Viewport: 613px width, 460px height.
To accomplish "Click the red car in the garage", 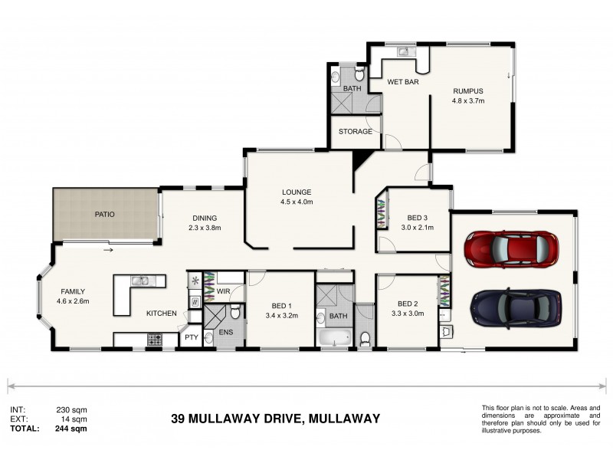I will pyautogui.click(x=510, y=248).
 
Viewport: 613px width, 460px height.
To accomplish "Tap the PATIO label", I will pyautogui.click(x=104, y=215).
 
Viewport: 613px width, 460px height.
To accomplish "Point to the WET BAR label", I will pyautogui.click(x=402, y=81).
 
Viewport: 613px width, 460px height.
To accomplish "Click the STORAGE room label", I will pyautogui.click(x=356, y=132).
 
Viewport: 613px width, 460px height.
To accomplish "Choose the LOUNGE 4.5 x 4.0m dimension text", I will pyautogui.click(x=297, y=202).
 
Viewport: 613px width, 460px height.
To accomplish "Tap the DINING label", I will pyautogui.click(x=205, y=218).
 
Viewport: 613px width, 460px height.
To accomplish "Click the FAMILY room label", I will pyautogui.click(x=74, y=291).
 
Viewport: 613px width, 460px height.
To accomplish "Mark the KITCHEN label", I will pyautogui.click(x=162, y=313).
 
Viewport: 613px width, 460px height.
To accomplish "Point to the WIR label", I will pyautogui.click(x=223, y=291).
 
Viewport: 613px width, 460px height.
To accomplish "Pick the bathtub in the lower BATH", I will pyautogui.click(x=333, y=337).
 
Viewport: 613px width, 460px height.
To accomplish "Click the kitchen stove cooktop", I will pyautogui.click(x=153, y=337).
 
